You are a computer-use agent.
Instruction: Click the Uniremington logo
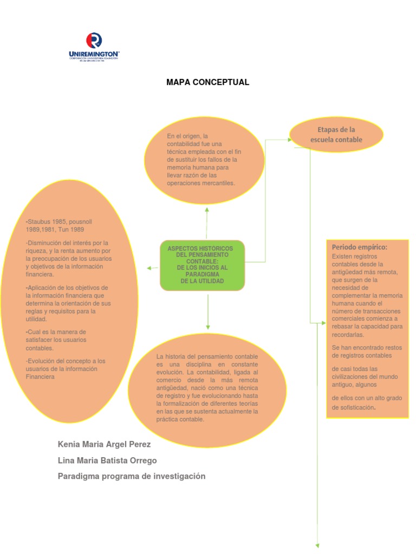(94, 47)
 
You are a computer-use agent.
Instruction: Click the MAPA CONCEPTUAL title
(207, 82)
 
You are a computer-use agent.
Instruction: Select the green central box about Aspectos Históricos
(202, 265)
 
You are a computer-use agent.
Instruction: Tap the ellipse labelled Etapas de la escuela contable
(336, 135)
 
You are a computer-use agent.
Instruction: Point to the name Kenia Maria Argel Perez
(105, 444)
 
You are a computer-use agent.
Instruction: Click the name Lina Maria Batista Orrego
(107, 460)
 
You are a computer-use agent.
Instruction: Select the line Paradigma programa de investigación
(132, 476)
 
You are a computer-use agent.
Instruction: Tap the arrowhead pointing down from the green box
(207, 326)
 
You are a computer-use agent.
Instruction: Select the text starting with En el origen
(202, 160)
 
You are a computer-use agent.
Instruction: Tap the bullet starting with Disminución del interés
(68, 259)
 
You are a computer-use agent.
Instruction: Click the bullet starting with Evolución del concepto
(66, 368)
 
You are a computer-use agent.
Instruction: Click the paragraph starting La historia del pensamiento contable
(207, 388)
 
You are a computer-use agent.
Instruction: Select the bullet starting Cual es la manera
(56, 340)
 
